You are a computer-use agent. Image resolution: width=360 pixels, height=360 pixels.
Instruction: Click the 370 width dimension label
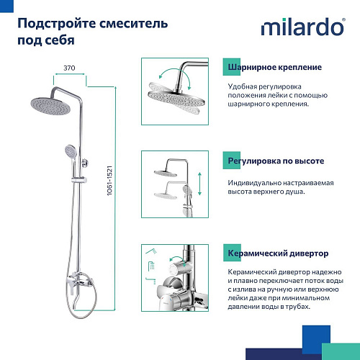click(68, 67)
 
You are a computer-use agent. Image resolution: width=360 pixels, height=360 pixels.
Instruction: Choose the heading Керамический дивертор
click(278, 253)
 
